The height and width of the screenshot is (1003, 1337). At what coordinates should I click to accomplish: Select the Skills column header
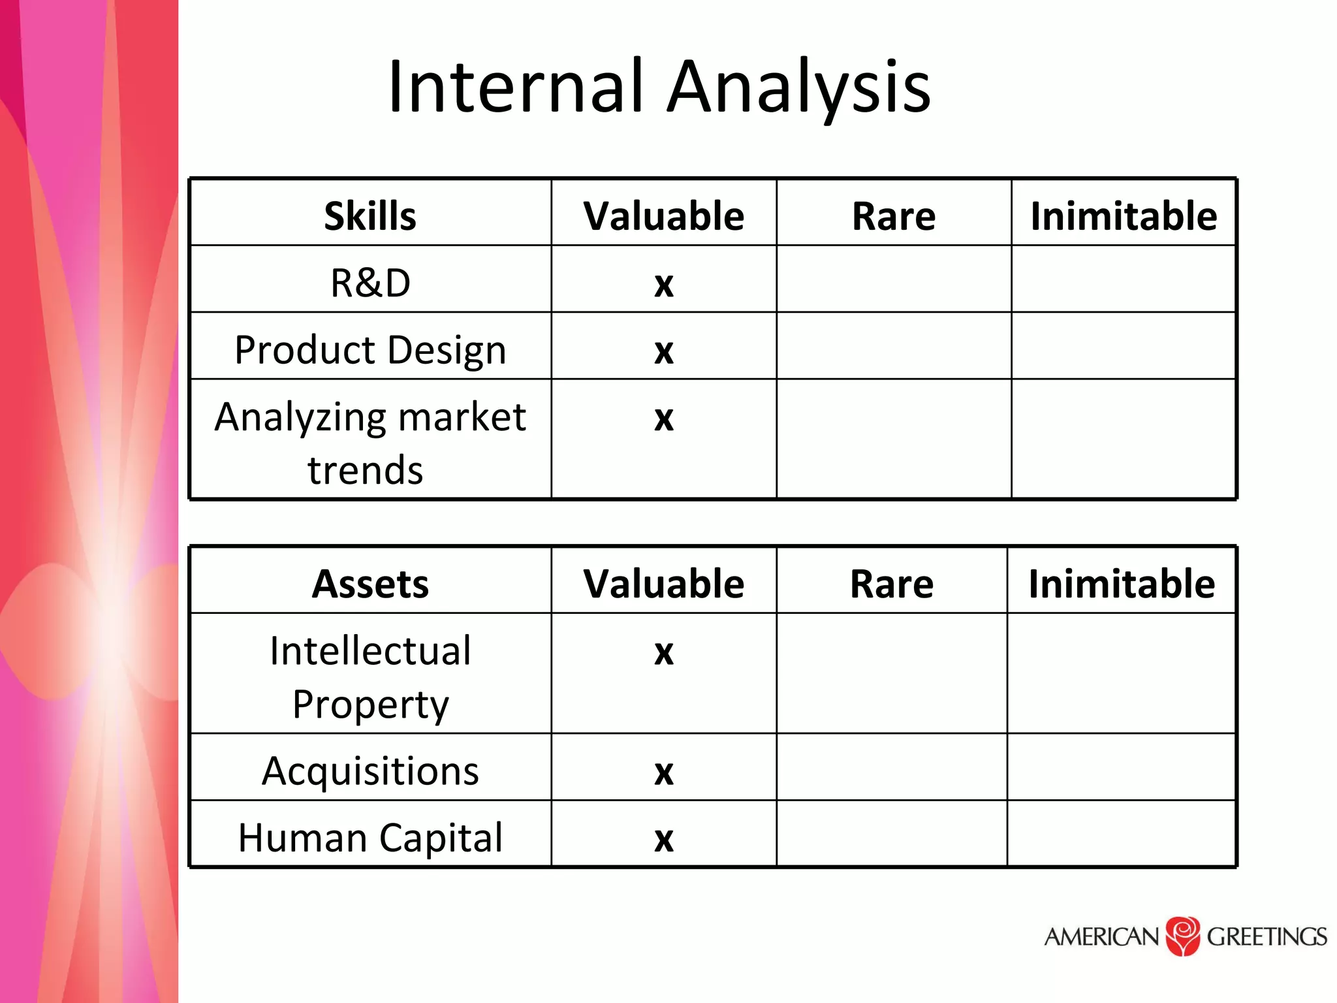370,216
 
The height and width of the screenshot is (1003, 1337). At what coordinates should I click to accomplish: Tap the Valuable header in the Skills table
663,216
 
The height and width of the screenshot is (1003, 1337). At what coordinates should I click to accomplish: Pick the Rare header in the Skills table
893,216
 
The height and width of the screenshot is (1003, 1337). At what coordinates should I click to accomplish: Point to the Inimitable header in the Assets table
1121,583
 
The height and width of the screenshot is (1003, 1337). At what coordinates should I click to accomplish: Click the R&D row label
370,283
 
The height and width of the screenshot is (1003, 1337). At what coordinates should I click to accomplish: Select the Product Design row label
370,349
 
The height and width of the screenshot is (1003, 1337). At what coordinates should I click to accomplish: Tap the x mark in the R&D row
663,285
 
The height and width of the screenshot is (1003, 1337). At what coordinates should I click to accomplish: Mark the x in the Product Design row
663,352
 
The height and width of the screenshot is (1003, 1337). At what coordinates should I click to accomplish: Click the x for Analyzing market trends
663,419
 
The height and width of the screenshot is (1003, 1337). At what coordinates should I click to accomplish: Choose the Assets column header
370,583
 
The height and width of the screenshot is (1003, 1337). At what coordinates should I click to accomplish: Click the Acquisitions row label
370,771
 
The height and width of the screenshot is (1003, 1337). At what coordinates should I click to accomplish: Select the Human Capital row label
370,837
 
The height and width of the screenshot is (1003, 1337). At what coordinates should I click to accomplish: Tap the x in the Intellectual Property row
663,653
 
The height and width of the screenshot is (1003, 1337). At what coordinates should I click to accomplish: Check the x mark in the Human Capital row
663,840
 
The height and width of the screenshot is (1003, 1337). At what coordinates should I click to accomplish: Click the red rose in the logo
1182,936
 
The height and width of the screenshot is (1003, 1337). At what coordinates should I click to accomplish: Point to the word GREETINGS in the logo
1266,936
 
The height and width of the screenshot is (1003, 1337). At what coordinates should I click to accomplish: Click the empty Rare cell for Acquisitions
891,767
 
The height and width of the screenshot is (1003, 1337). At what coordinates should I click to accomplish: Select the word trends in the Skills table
366,470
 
